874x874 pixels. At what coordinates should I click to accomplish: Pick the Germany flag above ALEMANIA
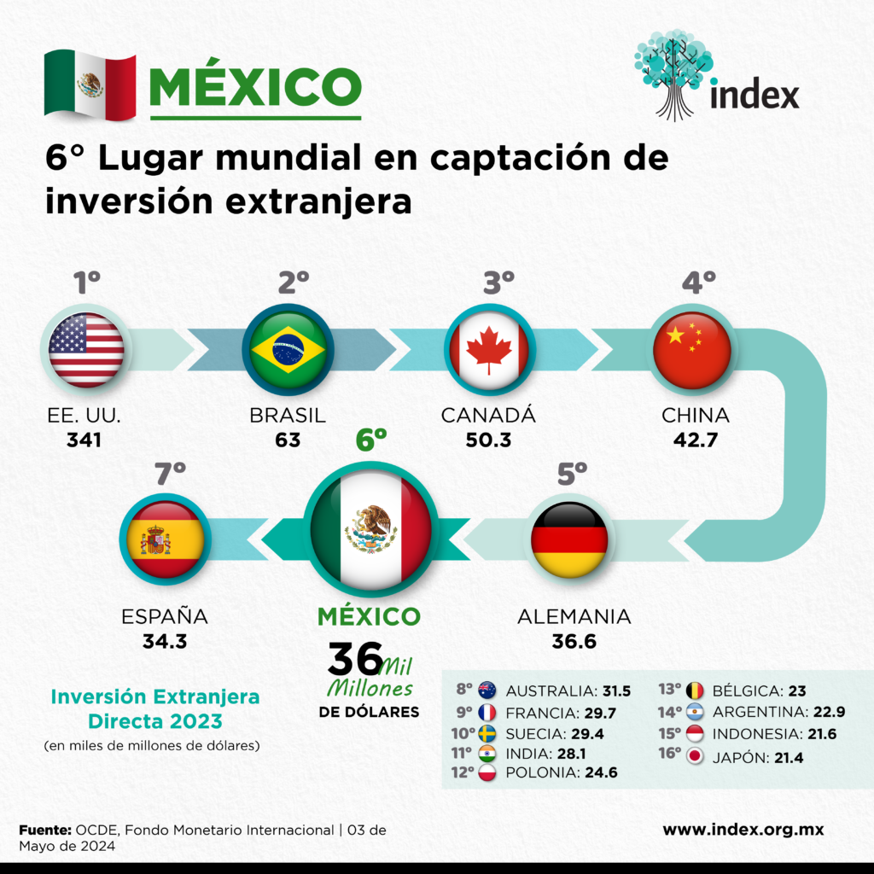pyautogui.click(x=569, y=539)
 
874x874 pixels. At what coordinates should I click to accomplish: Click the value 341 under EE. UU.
pyautogui.click(x=84, y=440)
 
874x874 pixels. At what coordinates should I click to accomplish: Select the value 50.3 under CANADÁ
pyautogui.click(x=488, y=440)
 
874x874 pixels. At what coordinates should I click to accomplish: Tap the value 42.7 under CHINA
pyautogui.click(x=696, y=440)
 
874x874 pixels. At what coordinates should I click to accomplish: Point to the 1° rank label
pyautogui.click(x=86, y=283)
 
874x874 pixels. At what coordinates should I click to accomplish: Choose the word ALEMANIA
pyautogui.click(x=574, y=616)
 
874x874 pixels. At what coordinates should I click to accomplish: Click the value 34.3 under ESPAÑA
pyautogui.click(x=165, y=640)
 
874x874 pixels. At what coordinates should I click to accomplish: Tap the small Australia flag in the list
pyautogui.click(x=488, y=690)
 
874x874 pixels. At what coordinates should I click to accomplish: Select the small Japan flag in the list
pyautogui.click(x=695, y=756)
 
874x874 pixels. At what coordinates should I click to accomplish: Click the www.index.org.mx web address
pyautogui.click(x=743, y=830)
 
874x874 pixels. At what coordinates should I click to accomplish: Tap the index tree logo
pyautogui.click(x=674, y=73)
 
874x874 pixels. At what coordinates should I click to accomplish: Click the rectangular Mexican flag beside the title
pyautogui.click(x=90, y=85)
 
